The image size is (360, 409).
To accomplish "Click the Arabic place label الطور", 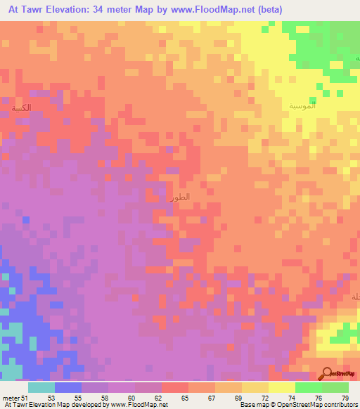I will (180, 199).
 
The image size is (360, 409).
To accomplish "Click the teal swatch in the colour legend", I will (41, 387).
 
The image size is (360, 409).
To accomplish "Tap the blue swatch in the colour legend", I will (67, 387).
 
